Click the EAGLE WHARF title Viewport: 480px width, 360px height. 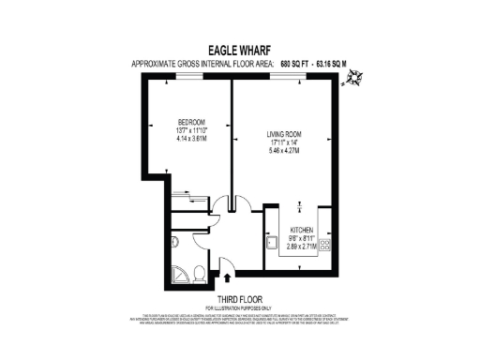click(239, 52)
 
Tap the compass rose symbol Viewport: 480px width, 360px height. click(353, 82)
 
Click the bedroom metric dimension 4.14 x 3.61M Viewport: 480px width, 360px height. click(192, 139)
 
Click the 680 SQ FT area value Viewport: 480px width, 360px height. click(296, 64)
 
